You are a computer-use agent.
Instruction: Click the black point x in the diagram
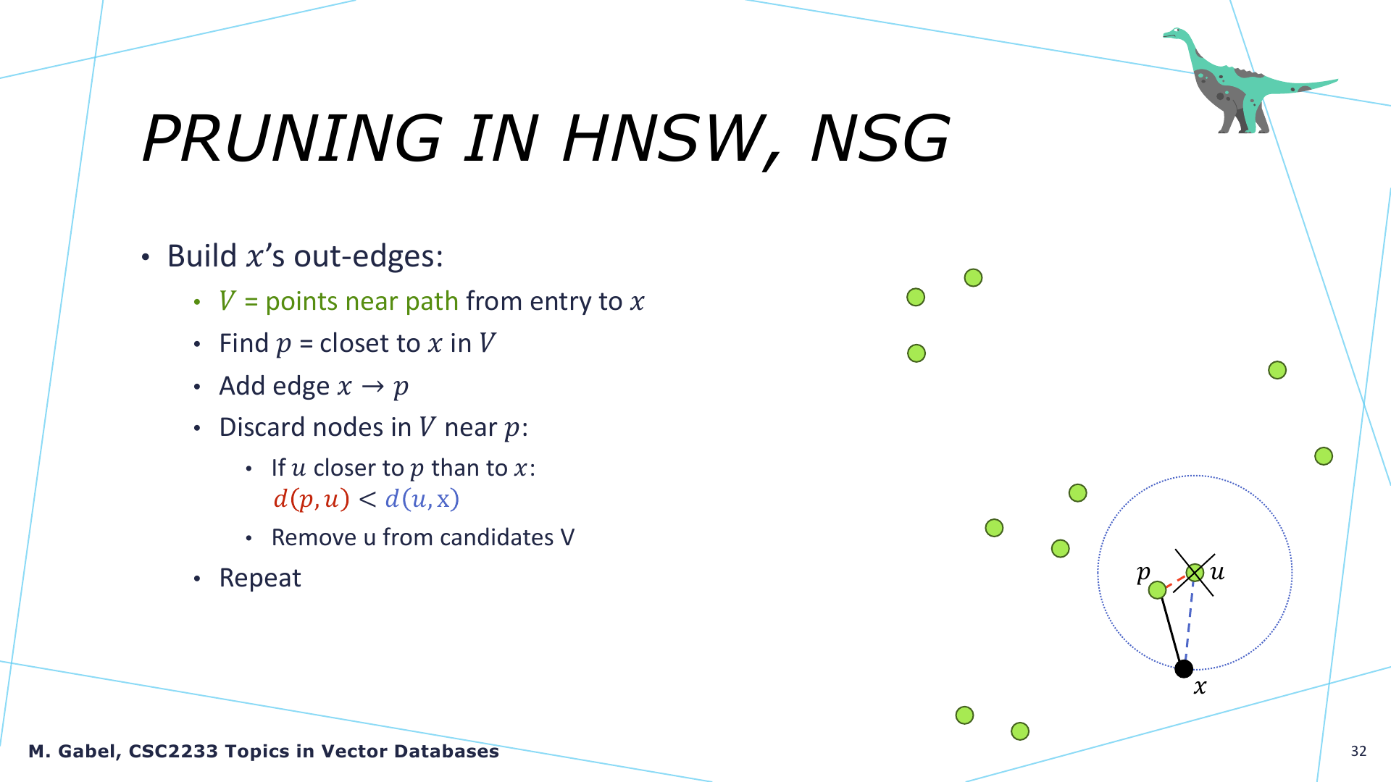coord(1184,668)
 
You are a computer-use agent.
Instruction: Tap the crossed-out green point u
coord(1195,573)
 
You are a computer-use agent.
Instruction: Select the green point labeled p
coord(1158,589)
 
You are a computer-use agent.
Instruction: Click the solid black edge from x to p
coord(1171,628)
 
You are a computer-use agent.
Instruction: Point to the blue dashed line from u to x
coord(1190,621)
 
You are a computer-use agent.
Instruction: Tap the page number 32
coord(1358,751)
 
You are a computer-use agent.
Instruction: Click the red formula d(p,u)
coord(312,499)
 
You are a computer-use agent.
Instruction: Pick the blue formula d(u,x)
coord(422,499)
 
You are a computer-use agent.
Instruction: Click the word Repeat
coord(260,578)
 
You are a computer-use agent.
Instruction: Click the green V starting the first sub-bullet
coord(227,300)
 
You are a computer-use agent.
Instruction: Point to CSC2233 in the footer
coord(173,752)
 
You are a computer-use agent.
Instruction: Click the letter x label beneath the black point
coord(1200,687)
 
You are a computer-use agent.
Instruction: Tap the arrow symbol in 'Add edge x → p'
coord(372,387)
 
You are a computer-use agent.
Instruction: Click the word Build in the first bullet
coord(202,256)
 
